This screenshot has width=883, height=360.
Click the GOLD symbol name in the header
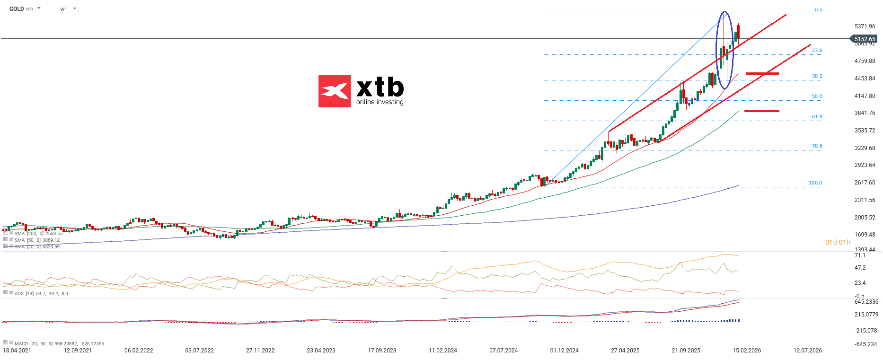(17, 9)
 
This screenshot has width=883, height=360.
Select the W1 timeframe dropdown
(68, 9)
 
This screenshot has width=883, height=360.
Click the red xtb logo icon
(335, 91)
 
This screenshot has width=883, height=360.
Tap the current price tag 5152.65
(864, 39)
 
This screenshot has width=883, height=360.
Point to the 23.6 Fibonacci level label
(817, 51)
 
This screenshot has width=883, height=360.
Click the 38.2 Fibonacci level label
(817, 76)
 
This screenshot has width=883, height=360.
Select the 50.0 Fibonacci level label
(817, 97)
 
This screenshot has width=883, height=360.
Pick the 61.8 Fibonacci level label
(817, 117)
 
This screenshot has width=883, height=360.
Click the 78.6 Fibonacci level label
(817, 146)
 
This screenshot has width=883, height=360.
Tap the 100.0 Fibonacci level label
(815, 183)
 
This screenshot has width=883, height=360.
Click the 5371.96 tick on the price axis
(865, 26)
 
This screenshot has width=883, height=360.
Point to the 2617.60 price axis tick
(865, 183)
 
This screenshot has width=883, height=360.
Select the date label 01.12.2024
(564, 351)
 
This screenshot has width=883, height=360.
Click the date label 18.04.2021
(17, 351)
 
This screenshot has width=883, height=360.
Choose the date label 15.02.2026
(747, 351)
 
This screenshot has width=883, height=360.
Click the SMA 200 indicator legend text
(38, 234)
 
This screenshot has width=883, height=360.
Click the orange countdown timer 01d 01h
(838, 243)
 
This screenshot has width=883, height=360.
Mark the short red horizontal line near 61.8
(761, 111)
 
